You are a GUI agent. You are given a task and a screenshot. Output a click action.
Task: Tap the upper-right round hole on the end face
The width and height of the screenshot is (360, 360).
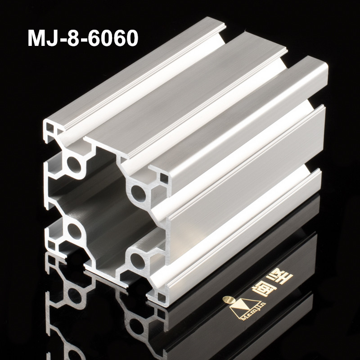coord(138,194)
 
